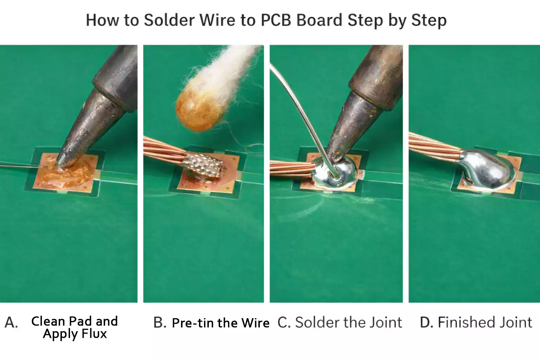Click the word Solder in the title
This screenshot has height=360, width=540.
pos(169,20)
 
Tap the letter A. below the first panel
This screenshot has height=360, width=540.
pos(11,322)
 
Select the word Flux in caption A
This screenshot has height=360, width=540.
pos(94,334)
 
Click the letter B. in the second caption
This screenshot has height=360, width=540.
pos(160,323)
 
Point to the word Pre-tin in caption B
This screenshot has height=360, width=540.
pos(193,323)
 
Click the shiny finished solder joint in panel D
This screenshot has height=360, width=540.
pos(487,169)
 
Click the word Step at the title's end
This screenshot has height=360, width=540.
pos(429,20)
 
